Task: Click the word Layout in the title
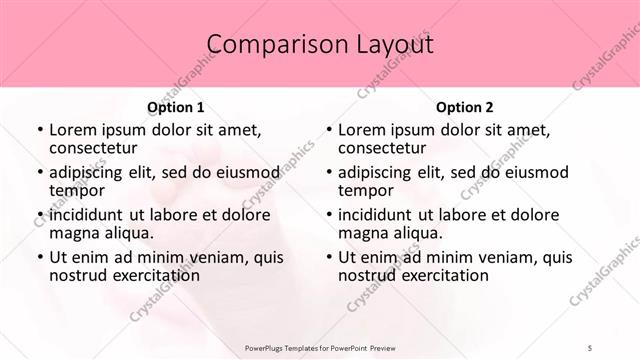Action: pos(388,45)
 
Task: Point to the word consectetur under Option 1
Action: pos(95,150)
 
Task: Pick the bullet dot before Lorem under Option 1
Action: pos(39,131)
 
